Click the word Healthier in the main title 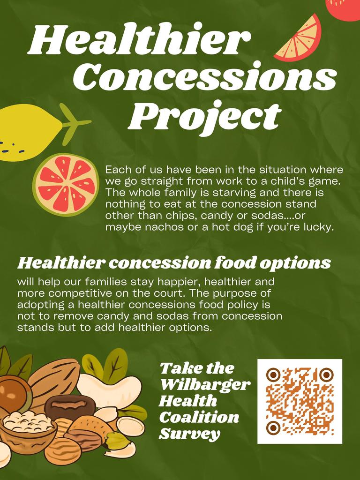(136, 40)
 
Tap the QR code (300, 401)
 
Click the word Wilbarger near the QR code (205, 385)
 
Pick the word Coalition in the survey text (199, 417)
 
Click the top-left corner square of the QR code (273, 375)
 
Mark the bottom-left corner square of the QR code (273, 427)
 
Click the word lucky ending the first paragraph (319, 228)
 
